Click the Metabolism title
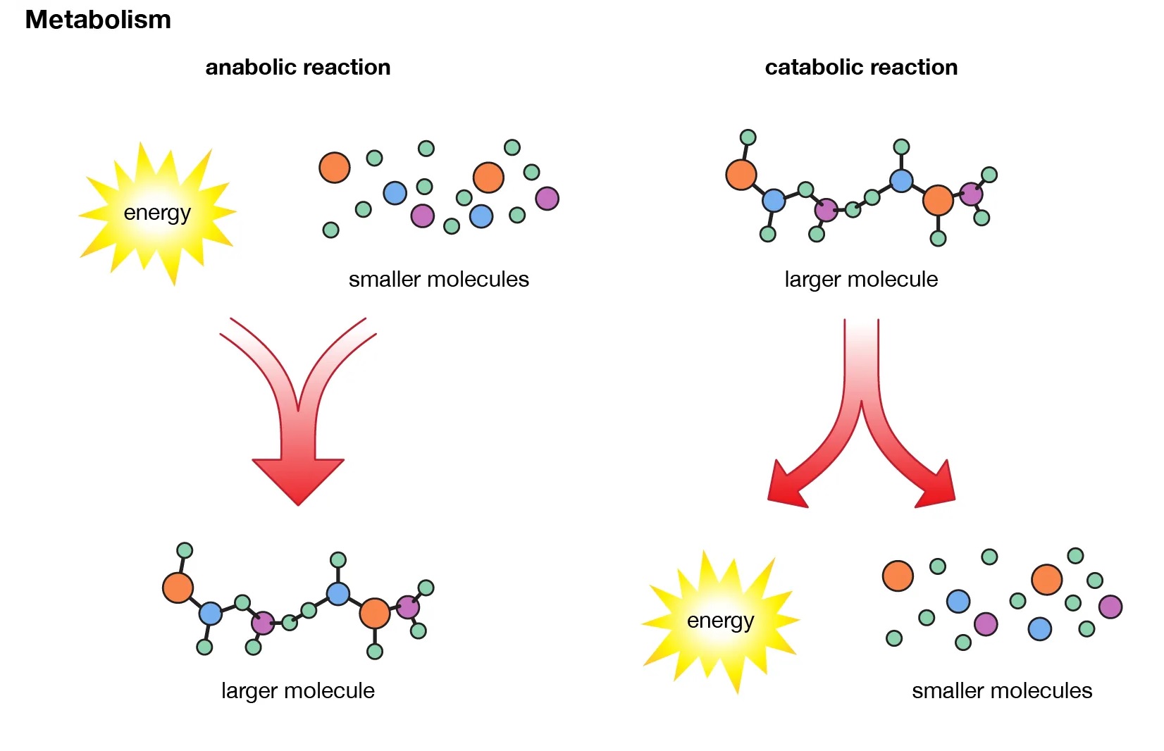coord(98,20)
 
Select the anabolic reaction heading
coord(297,67)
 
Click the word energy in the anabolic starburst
coord(157,212)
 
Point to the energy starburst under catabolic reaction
coord(720,621)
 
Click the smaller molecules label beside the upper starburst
coord(438,279)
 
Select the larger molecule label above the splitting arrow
coord(860,279)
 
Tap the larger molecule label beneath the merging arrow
coord(297,690)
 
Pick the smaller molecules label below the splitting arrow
coord(1001,690)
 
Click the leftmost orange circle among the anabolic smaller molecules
coord(335,168)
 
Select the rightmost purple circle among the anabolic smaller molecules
coord(547,199)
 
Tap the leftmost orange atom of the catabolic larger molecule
coord(741,175)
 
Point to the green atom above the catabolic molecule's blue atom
coord(901,147)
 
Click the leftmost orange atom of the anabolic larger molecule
coord(178,588)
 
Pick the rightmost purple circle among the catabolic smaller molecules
coord(1110,607)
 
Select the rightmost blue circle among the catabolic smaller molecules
coord(1039,628)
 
